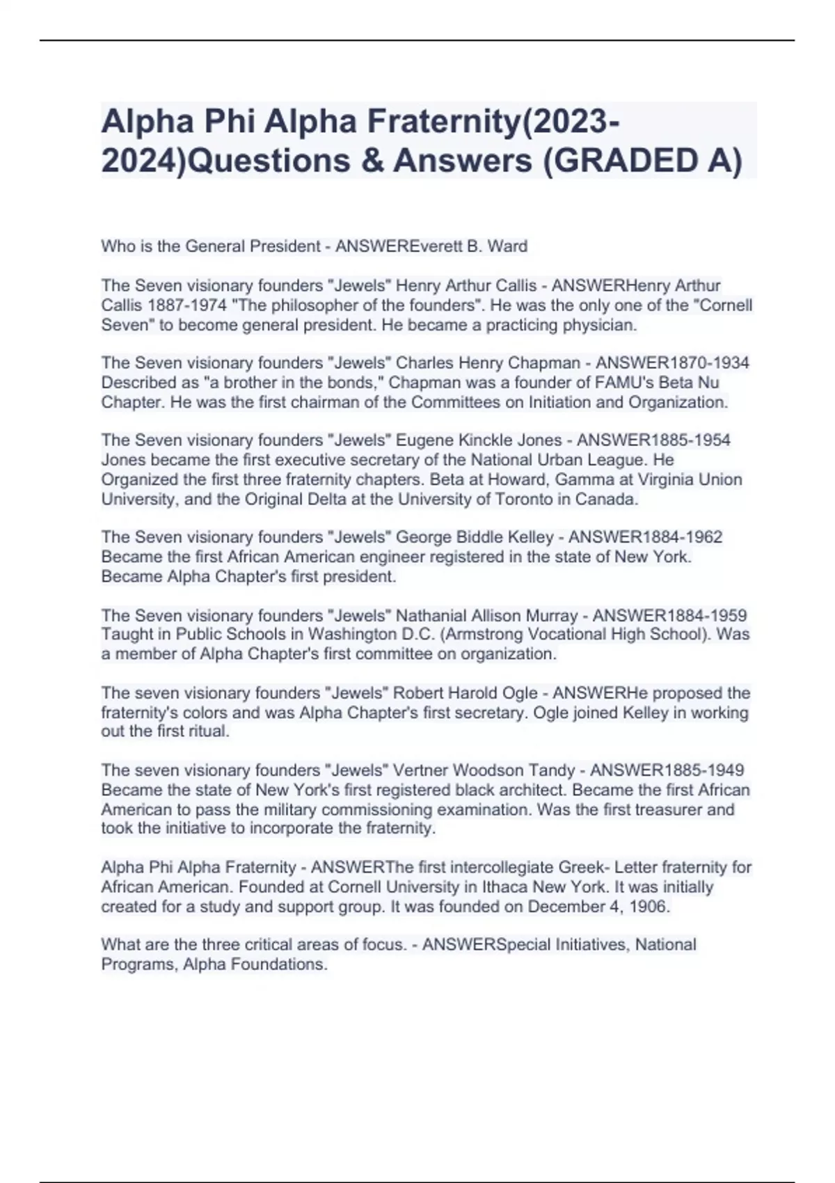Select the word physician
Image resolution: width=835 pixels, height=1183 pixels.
click(600, 325)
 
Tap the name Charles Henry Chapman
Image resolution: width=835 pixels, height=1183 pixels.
click(488, 363)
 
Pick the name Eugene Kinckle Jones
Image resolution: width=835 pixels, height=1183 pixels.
click(479, 440)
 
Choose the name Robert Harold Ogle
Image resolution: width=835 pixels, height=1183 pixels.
click(466, 693)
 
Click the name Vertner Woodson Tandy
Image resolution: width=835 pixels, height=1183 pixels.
click(484, 770)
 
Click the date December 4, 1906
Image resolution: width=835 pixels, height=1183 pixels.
click(598, 907)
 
